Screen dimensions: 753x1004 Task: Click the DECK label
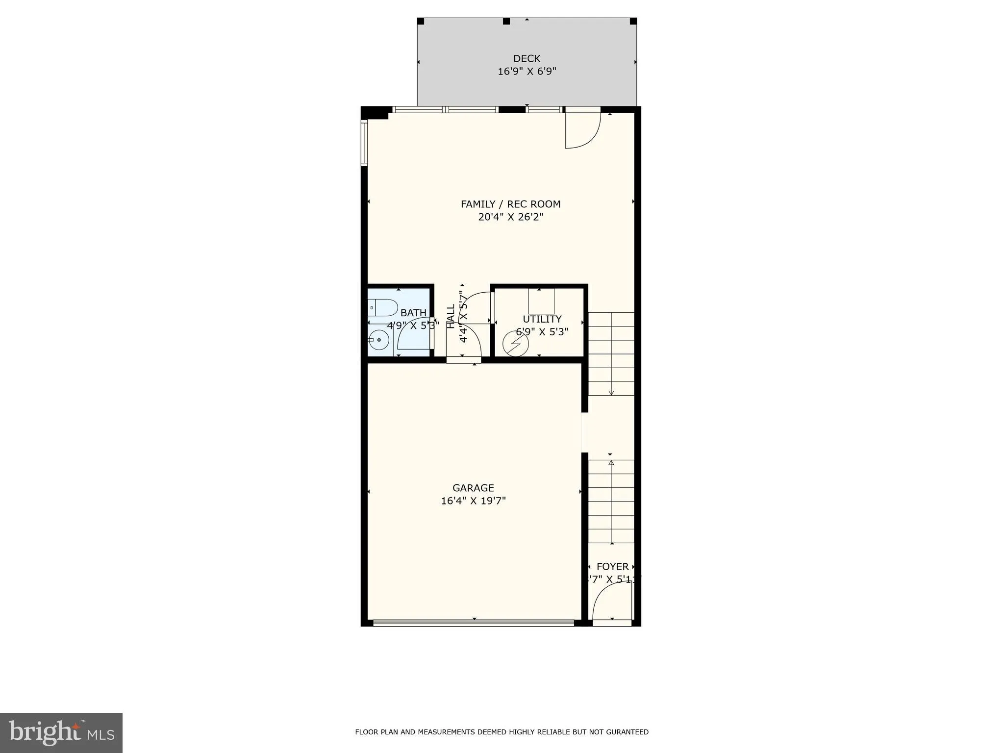[x=527, y=58]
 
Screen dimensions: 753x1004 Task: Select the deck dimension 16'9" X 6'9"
[x=527, y=72]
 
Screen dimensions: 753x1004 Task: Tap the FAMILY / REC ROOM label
[x=510, y=204]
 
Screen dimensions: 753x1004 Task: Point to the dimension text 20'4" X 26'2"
[x=510, y=217]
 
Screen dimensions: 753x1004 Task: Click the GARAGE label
[x=473, y=488]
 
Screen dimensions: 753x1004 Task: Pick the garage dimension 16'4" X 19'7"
[x=473, y=501]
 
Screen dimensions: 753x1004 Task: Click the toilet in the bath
[x=383, y=308]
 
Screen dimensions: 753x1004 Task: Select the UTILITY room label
[x=542, y=319]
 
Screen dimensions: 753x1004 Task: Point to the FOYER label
[x=612, y=567]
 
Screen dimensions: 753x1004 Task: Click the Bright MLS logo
[x=61, y=732]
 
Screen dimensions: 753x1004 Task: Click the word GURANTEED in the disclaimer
[x=627, y=732]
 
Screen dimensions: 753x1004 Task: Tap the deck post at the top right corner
[x=633, y=21]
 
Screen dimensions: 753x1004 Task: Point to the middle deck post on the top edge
[x=506, y=21]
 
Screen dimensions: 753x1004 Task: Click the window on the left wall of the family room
[x=364, y=142]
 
